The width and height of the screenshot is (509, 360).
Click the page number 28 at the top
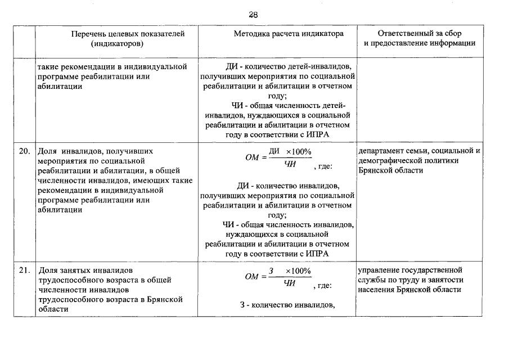click(254, 15)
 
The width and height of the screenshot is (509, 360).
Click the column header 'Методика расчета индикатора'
click(288, 34)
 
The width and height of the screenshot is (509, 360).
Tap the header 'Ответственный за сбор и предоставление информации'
click(420, 38)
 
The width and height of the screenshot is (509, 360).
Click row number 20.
click(24, 151)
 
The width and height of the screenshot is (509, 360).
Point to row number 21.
click(24, 270)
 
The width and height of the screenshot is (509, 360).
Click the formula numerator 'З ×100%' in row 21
click(290, 271)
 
